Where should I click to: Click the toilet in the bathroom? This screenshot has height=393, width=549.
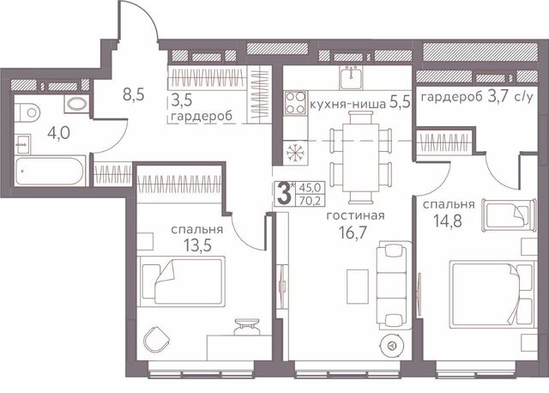pyautogui.click(x=28, y=112)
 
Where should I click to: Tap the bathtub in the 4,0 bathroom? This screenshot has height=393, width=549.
pyautogui.click(x=50, y=171)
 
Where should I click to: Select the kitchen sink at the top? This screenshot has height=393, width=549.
pyautogui.click(x=351, y=77)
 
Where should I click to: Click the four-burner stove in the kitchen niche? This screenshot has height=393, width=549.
pyautogui.click(x=295, y=103)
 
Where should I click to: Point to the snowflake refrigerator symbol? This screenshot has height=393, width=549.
pyautogui.click(x=295, y=153)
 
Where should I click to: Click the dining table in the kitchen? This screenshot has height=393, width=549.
pyautogui.click(x=361, y=157)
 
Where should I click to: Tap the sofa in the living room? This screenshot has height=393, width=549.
pyautogui.click(x=393, y=285)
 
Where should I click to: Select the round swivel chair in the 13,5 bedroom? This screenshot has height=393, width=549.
pyautogui.click(x=156, y=340)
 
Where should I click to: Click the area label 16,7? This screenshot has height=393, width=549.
pyautogui.click(x=353, y=233)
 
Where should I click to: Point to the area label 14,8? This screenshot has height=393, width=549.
pyautogui.click(x=448, y=221)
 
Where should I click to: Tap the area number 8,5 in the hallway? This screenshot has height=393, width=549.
pyautogui.click(x=134, y=94)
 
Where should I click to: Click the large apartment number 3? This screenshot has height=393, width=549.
pyautogui.click(x=284, y=194)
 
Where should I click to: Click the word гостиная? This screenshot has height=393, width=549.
pyautogui.click(x=355, y=215)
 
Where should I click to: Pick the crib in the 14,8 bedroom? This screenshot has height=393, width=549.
pyautogui.click(x=510, y=215)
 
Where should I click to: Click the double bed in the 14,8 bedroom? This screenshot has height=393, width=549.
pyautogui.click(x=492, y=294)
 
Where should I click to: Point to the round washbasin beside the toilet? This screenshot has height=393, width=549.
pyautogui.click(x=76, y=104)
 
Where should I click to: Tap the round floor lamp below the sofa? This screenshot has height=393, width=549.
pyautogui.click(x=393, y=346)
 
